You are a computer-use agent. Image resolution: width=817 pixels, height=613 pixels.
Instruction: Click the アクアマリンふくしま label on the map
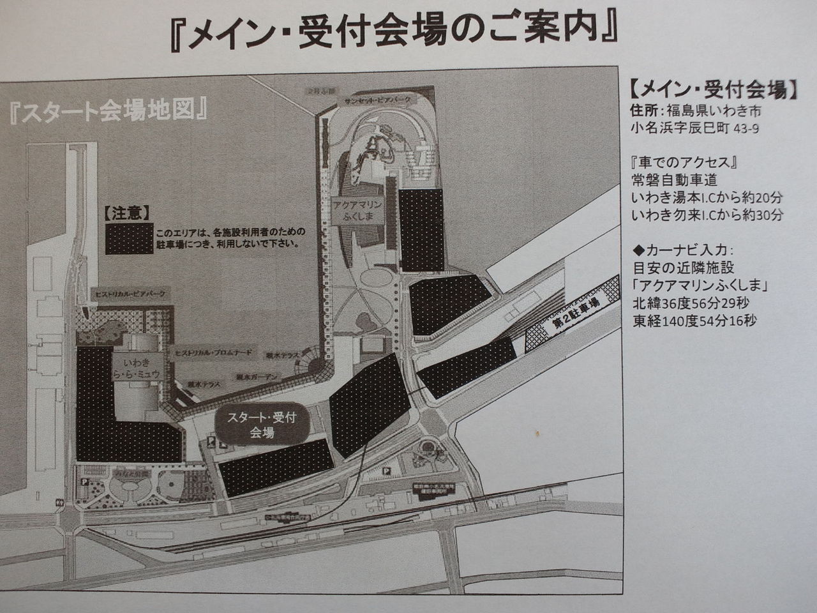(x=357, y=210)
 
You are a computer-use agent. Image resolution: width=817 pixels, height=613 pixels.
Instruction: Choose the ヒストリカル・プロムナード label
(x=213, y=352)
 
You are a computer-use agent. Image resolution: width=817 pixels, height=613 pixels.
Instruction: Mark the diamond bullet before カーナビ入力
(x=636, y=248)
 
